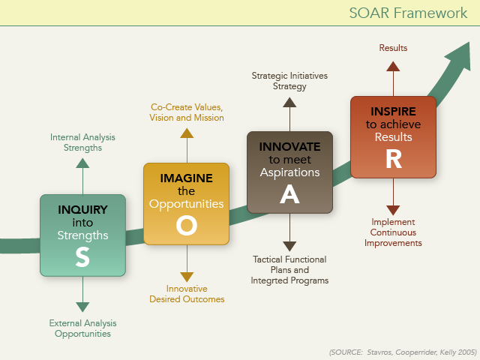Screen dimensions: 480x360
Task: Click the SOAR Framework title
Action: click(408, 13)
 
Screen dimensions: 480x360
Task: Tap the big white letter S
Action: click(82, 256)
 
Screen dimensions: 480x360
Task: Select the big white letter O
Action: click(187, 225)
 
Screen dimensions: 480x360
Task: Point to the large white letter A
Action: click(289, 194)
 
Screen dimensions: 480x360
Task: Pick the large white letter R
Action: click(394, 159)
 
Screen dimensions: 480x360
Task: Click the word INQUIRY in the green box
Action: click(82, 210)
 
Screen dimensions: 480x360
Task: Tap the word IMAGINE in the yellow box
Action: click(187, 178)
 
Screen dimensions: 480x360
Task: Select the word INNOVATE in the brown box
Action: click(289, 147)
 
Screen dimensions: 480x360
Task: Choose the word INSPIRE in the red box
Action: click(393, 112)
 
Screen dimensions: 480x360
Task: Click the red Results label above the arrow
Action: click(393, 48)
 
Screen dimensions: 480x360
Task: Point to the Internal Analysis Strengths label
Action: click(82, 142)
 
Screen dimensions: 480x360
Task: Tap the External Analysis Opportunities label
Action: click(82, 328)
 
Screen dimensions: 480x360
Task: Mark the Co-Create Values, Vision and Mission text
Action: click(187, 112)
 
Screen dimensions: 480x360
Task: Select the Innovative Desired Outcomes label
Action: click(187, 294)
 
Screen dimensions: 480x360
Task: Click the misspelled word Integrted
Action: click(269, 280)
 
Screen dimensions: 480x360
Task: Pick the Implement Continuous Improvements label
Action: click(393, 232)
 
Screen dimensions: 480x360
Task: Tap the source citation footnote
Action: click(403, 352)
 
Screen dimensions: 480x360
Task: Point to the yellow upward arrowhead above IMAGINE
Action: click(187, 133)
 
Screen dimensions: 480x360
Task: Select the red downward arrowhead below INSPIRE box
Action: click(393, 211)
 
